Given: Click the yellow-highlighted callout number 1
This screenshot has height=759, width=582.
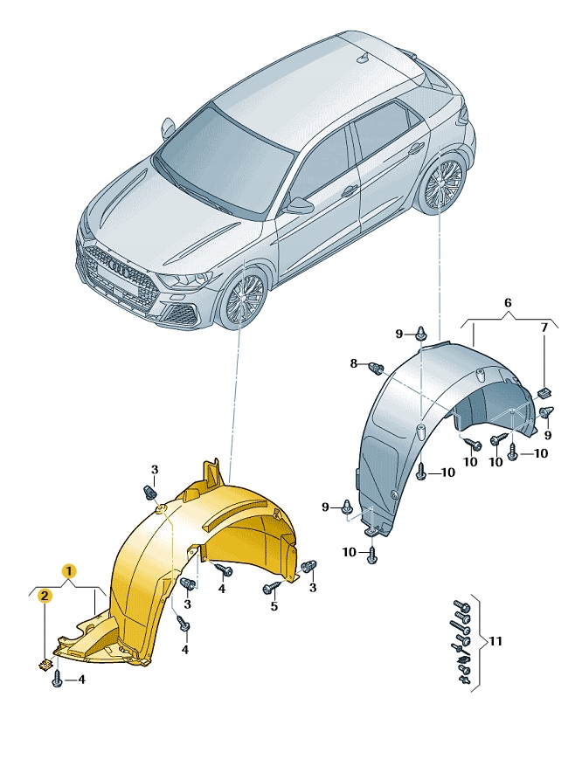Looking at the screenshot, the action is click(x=69, y=571).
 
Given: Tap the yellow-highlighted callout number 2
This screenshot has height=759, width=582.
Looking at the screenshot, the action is click(x=44, y=596).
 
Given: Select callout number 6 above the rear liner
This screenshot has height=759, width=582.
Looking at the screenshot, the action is click(x=508, y=303).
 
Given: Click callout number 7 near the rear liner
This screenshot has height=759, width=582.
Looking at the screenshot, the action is click(x=544, y=328).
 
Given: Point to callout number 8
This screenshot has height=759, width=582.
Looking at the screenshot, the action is click(x=353, y=363).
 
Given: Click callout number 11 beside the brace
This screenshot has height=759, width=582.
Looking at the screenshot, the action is click(x=495, y=641).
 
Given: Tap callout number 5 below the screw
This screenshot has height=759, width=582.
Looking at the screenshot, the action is click(x=274, y=606).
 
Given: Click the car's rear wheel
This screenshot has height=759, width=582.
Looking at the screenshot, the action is click(x=441, y=182).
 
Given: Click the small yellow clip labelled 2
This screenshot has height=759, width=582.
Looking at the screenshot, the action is click(x=45, y=665).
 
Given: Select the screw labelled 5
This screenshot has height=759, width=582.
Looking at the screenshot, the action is click(x=272, y=587).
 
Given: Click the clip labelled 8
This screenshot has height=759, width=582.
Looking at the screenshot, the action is click(x=377, y=367).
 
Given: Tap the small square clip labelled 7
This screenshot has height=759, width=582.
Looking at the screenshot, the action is click(x=545, y=393).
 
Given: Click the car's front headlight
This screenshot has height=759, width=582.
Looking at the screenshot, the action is click(x=185, y=279).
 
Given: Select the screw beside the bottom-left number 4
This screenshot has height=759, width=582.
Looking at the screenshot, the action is click(x=57, y=680).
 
